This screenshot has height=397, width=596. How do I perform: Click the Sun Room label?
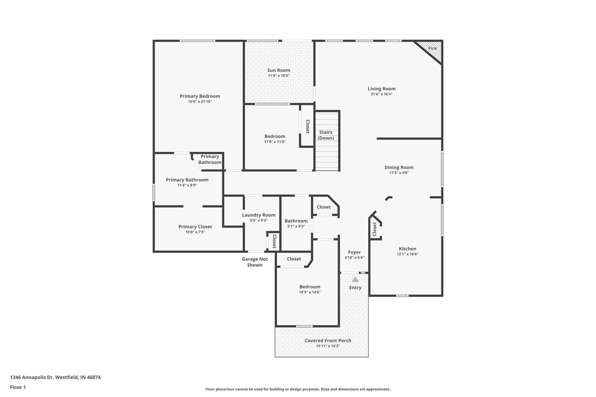tap(279, 70)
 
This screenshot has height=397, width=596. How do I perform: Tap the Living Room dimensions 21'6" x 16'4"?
tap(382, 94)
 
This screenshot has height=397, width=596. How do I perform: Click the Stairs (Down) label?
tap(326, 135)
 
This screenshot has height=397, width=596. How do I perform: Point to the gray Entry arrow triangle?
tap(355, 279)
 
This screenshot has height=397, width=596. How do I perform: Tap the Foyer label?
tap(354, 252)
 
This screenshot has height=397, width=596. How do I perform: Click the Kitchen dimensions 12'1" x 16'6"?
tap(407, 254)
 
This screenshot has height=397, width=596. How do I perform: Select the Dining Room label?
tap(399, 167)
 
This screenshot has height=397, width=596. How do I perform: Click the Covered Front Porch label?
tap(328, 341)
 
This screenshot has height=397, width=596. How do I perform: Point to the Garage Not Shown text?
tap(255, 262)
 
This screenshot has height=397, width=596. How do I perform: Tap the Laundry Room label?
tap(258, 215)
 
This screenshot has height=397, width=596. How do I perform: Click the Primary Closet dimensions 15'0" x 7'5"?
tap(195, 232)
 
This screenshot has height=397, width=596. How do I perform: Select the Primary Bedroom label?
tap(200, 96)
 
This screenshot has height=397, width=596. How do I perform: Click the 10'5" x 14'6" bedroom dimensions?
tap(310, 292)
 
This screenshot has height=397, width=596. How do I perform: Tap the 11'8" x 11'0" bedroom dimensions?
tap(275, 142)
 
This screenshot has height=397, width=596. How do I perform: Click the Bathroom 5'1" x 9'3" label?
tap(296, 221)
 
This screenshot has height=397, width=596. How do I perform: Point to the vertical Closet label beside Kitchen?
tap(375, 229)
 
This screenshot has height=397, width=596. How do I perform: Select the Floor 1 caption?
tap(18, 387)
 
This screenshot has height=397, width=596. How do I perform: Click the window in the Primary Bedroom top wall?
tap(197, 41)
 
